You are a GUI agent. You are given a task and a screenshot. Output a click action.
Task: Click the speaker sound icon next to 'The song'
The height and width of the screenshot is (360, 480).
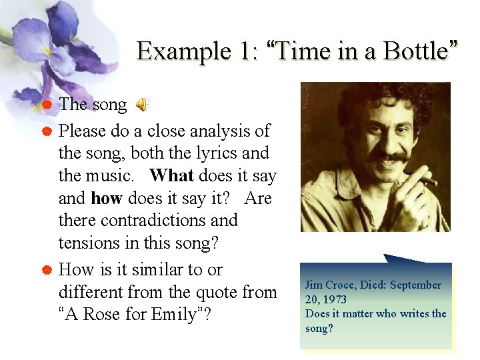[142, 105]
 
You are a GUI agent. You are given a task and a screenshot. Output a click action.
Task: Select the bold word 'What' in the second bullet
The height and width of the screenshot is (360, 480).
[171, 175]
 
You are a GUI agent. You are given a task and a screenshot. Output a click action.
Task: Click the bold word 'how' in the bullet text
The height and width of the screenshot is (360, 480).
[107, 198]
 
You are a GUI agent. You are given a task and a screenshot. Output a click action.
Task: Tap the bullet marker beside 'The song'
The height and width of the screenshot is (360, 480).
[47, 105]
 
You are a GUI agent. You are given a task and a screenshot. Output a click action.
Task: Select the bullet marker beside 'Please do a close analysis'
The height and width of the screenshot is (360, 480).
[47, 131]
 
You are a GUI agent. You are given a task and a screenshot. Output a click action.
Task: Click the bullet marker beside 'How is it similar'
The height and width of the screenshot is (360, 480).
[47, 270]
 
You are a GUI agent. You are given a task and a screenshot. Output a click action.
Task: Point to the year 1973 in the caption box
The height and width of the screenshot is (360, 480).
[333, 299]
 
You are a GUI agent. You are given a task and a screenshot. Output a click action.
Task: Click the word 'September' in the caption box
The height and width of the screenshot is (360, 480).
[415, 285]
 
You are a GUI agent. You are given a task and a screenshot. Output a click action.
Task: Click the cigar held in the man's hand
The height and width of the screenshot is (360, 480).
[425, 178]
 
